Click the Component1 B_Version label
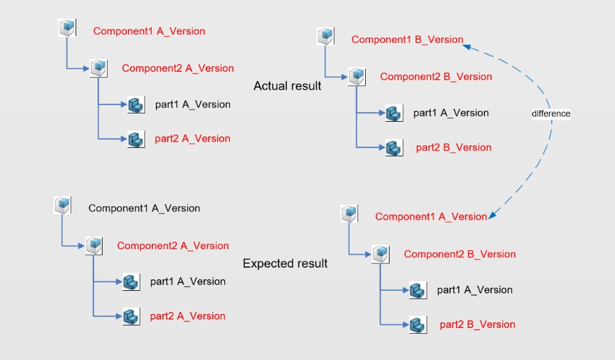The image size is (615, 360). (x=407, y=40)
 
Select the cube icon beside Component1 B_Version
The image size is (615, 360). (x=325, y=36)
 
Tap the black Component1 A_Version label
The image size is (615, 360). (x=144, y=208)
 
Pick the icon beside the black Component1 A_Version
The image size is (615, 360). (x=62, y=205)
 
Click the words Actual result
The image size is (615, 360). (x=287, y=86)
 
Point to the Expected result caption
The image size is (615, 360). (x=285, y=263)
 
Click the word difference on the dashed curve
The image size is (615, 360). (x=551, y=113)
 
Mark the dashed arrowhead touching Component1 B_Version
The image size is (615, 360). (x=467, y=45)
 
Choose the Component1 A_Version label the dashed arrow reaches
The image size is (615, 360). (x=430, y=217)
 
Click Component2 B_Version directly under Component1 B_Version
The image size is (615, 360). (x=436, y=77)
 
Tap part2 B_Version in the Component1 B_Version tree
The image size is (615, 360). (x=454, y=147)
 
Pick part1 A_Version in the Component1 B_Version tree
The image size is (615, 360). (x=450, y=113)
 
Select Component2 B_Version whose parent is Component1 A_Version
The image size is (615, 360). (x=459, y=254)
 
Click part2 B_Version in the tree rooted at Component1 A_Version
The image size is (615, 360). (x=477, y=325)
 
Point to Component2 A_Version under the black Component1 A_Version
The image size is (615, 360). (x=172, y=245)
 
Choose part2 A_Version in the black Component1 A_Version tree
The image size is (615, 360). (x=188, y=316)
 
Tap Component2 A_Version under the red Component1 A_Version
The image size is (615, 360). (x=177, y=68)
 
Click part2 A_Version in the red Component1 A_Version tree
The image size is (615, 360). (x=192, y=138)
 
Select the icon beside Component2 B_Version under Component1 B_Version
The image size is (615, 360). (x=356, y=77)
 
